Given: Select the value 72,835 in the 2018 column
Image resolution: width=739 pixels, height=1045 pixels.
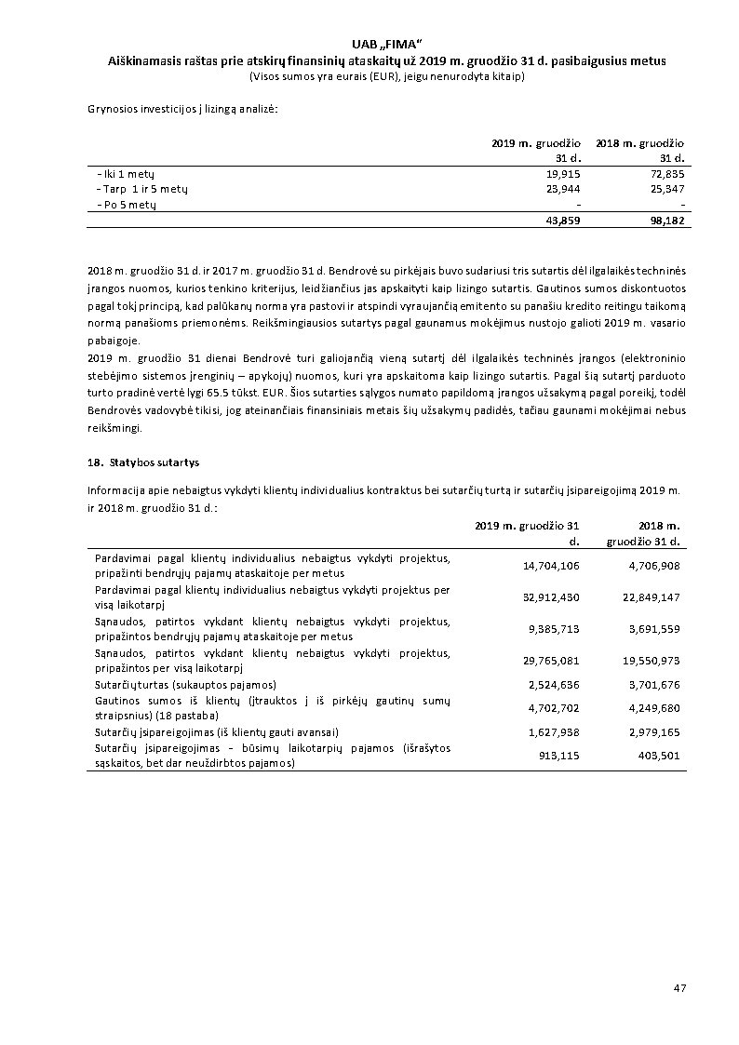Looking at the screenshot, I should coord(666,174).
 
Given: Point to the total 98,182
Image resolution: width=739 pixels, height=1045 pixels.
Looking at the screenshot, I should coord(666,221).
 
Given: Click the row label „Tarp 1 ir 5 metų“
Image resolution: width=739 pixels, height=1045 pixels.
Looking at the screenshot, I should coord(142,189).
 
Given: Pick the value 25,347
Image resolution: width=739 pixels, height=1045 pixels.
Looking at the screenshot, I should coord(666,189).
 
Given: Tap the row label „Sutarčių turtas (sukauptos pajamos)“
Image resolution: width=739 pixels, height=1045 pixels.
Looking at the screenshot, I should coord(185,685).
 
